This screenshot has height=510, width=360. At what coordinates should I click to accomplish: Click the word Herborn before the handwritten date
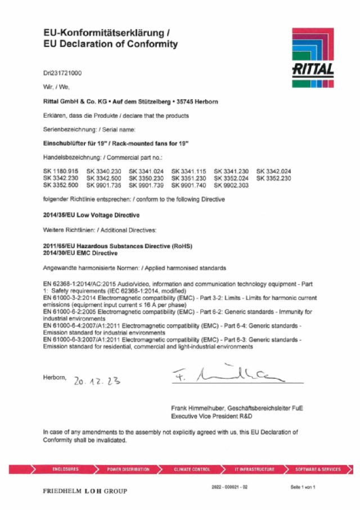pyautogui.click(x=55, y=377)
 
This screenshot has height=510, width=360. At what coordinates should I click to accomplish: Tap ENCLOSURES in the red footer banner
pyautogui.click(x=65, y=469)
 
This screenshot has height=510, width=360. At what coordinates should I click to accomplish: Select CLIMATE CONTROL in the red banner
pyautogui.click(x=192, y=469)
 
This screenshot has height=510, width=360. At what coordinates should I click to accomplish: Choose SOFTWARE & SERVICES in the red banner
pyautogui.click(x=318, y=469)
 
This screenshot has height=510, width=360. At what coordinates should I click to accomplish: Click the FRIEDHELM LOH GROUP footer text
pyautogui.click(x=85, y=491)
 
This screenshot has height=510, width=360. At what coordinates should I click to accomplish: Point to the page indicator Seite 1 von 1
pyautogui.click(x=303, y=486)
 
